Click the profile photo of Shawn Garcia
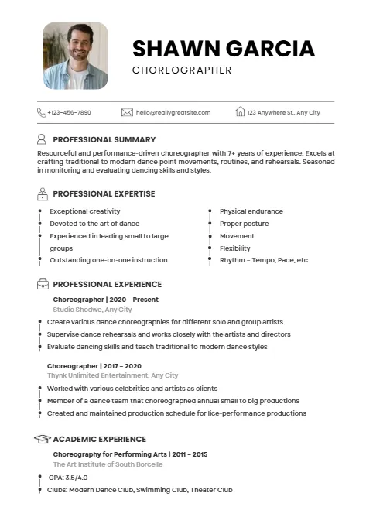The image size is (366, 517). coord(75,55)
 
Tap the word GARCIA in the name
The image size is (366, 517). coord(269,49)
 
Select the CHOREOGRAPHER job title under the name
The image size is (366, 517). coord(182,70)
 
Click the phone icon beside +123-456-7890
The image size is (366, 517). coord(42,112)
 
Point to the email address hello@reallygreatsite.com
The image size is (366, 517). coord(173,113)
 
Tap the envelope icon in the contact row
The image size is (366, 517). coord(127,112)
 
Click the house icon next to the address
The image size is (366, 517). coord(240,112)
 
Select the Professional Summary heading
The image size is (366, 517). coord(104,140)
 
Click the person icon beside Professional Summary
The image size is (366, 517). coord(42,140)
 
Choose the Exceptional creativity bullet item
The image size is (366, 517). coord(85,211)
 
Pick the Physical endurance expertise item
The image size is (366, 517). coord(251,211)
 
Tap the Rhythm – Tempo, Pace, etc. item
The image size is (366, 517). coord(264,260)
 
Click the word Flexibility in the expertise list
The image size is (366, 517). coord(235,248)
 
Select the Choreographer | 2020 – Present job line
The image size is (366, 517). coord(105,299)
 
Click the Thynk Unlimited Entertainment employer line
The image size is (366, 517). coord(112,375)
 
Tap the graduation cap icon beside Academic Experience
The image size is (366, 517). coord(42,439)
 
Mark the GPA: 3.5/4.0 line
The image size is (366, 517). coord(68,478)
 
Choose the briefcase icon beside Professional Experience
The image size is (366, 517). coord(42,284)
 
